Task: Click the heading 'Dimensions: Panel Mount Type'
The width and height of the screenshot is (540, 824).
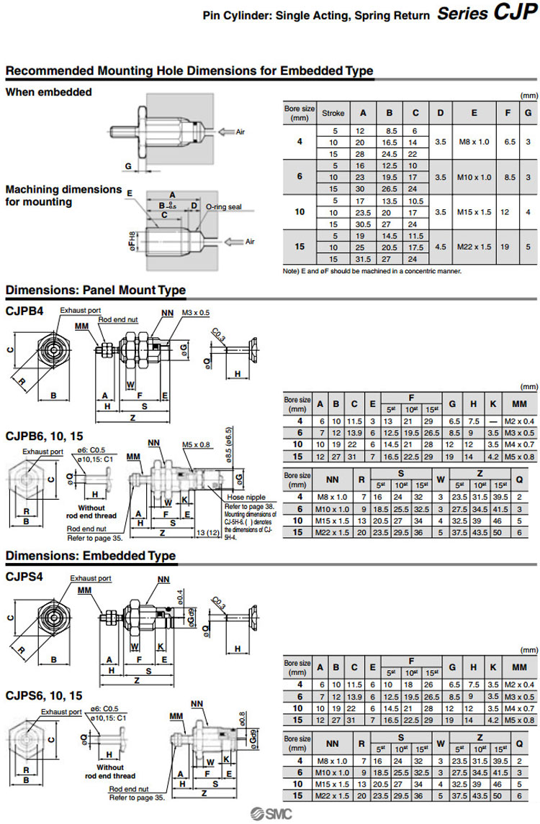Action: click(96, 290)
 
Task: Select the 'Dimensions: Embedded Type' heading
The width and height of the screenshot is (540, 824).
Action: click(91, 556)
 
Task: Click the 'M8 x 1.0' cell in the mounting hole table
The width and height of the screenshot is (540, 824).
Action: click(474, 142)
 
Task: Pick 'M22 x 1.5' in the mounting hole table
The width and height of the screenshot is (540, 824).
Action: click(474, 247)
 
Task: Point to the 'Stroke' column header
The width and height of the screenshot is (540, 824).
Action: click(333, 113)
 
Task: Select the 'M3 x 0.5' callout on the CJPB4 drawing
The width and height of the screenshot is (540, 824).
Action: click(197, 313)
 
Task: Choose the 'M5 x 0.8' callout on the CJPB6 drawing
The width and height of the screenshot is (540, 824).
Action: click(196, 444)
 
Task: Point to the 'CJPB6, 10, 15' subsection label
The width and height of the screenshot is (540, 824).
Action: click(44, 436)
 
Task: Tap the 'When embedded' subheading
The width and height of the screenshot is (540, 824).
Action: click(49, 92)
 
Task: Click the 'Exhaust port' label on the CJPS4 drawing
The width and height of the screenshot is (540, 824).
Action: click(91, 578)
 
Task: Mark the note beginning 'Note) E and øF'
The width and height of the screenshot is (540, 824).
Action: click(372, 271)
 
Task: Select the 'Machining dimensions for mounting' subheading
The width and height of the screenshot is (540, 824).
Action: click(64, 196)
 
